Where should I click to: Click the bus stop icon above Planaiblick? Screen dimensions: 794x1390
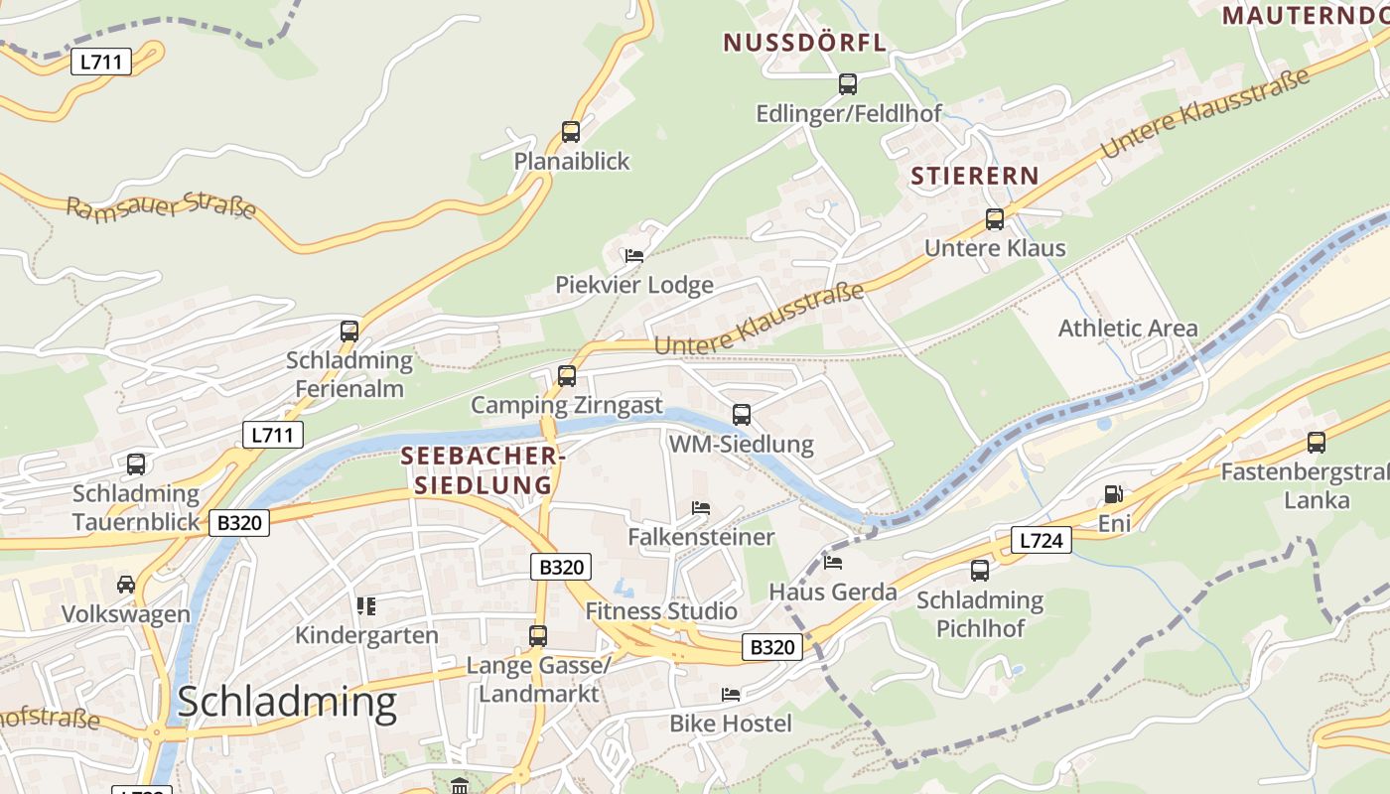[x=571, y=132]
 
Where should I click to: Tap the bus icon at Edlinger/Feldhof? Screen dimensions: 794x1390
[x=848, y=84]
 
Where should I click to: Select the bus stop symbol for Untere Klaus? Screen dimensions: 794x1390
[x=995, y=219]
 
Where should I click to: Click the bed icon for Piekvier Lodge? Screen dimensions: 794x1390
[x=633, y=256]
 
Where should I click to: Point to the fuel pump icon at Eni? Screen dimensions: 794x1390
[x=1114, y=494]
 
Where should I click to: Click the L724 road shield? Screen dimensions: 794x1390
[x=1042, y=540]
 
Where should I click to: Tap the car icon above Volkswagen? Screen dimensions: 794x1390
[x=126, y=585]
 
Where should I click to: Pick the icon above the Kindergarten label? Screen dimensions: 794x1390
[x=366, y=605]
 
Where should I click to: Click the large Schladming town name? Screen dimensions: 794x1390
[x=287, y=702]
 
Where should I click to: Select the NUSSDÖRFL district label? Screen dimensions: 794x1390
[x=804, y=43]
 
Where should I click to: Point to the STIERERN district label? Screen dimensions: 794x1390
[x=975, y=177]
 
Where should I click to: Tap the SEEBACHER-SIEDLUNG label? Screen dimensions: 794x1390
[x=483, y=470]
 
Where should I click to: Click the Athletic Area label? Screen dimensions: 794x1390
[x=1128, y=329]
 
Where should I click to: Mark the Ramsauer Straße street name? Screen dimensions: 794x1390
[x=162, y=206]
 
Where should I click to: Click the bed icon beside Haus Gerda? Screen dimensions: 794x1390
[x=833, y=563]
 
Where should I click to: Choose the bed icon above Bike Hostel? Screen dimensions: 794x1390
[x=731, y=695]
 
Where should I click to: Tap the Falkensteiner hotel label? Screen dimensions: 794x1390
[x=701, y=537]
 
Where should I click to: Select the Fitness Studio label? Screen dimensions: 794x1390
[x=661, y=610]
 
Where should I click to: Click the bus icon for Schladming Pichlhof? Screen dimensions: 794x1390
[x=980, y=571]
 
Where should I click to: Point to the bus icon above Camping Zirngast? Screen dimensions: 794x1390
[x=567, y=376]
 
